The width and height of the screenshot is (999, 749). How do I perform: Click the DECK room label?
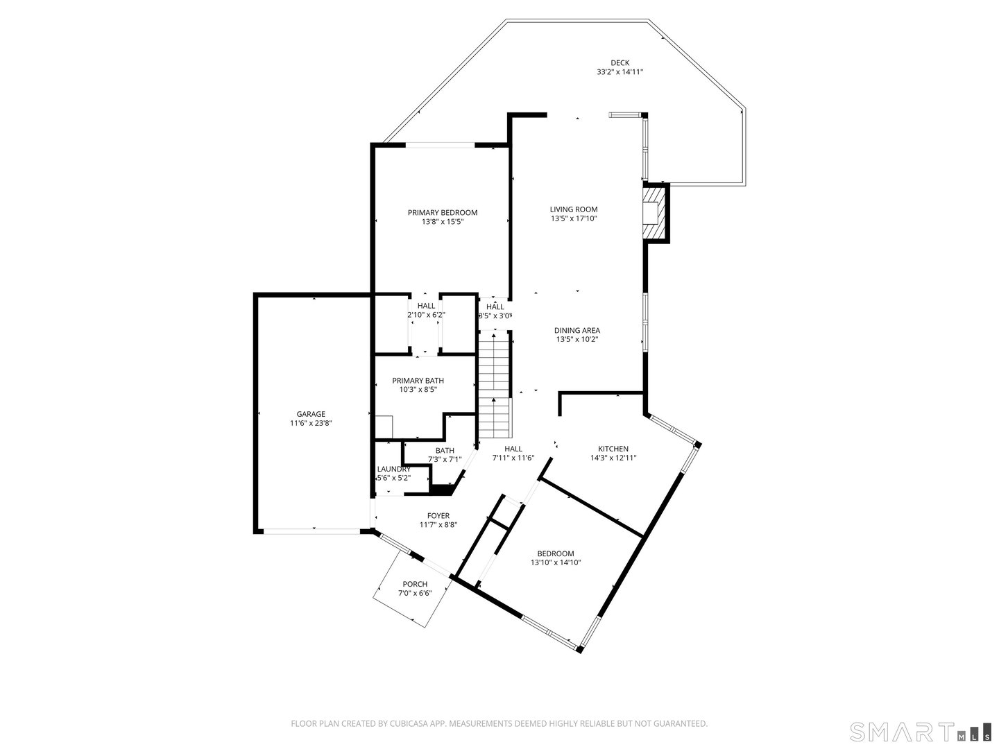coord(620,62)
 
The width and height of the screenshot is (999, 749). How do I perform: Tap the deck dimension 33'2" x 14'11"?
coord(620,72)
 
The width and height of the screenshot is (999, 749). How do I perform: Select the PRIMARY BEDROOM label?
coord(442,213)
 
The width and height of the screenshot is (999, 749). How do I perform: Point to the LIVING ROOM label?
coord(573,209)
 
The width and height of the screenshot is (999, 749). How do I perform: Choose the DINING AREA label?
coord(577,330)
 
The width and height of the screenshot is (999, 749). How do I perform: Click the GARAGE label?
coord(311,414)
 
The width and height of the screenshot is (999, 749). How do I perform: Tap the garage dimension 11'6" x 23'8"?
coord(311,423)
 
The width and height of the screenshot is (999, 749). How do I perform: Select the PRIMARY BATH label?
coord(418,381)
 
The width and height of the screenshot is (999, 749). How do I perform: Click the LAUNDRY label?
coord(393,469)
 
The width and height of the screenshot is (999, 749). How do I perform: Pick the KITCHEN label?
coord(613,449)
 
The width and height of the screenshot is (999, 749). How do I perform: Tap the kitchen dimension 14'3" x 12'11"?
coord(613,458)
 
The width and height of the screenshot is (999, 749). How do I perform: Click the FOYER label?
coord(438,516)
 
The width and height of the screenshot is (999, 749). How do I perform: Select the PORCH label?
coord(415,584)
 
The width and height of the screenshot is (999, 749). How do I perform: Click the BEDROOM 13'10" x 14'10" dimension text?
coord(555,562)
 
